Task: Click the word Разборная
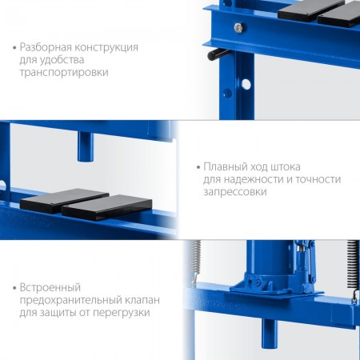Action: click(x=46, y=47)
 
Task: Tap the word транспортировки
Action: click(x=64, y=72)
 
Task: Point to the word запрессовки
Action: click(x=235, y=192)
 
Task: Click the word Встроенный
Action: click(x=50, y=287)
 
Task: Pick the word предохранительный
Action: click(x=69, y=300)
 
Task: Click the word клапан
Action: click(x=141, y=300)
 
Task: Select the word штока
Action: click(x=286, y=167)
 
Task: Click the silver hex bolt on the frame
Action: click(x=238, y=28)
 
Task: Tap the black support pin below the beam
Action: click(x=217, y=54)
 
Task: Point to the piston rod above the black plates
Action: click(x=86, y=146)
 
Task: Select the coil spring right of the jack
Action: click(x=353, y=266)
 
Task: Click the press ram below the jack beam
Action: click(x=270, y=333)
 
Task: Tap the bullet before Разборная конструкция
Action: click(x=14, y=48)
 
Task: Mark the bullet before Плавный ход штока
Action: click(x=198, y=167)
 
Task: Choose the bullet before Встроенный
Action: click(x=14, y=288)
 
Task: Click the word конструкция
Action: click(x=106, y=48)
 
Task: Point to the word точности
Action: click(x=318, y=179)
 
